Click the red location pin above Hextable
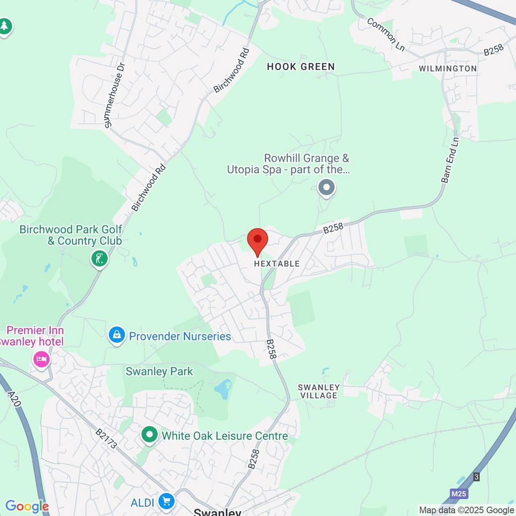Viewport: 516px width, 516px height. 257,240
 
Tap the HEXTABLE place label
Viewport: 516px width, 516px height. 277,264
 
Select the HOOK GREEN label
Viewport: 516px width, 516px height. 301,67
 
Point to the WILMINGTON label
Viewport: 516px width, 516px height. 447,69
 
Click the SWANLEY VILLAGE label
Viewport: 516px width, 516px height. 318,392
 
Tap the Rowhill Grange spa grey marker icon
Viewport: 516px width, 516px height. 327,188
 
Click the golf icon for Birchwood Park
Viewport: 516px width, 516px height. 99,259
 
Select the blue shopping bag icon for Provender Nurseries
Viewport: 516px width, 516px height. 117,335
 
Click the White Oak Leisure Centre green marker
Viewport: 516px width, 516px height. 149,435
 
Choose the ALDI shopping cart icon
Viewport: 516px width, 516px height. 166,501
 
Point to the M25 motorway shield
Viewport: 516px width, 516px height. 459,494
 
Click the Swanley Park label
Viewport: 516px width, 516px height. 159,372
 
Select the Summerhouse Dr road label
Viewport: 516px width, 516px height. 113,95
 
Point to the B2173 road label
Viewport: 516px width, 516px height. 106,438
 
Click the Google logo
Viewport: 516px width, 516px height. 27,506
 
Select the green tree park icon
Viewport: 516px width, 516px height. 5,26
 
